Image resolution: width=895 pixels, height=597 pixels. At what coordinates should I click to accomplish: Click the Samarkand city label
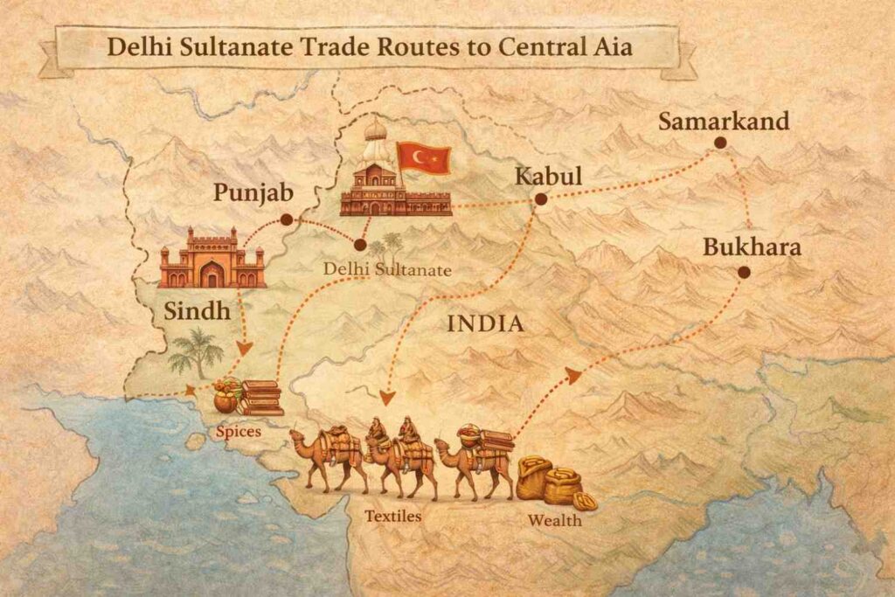(723, 121)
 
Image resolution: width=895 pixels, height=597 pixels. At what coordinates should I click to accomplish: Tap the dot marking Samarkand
(719, 142)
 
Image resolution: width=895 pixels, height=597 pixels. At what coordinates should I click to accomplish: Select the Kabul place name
(547, 176)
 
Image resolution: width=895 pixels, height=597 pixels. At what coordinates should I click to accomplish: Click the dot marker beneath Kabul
(540, 199)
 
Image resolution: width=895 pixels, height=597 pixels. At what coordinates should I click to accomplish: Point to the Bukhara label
(752, 247)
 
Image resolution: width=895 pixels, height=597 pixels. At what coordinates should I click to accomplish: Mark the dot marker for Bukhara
(743, 272)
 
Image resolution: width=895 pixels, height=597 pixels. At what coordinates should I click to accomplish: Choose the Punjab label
(252, 192)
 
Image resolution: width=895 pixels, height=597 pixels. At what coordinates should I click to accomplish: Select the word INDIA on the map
(485, 324)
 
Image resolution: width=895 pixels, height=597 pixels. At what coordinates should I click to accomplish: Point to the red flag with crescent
(424, 158)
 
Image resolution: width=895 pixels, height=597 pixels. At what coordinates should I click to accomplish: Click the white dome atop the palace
(375, 131)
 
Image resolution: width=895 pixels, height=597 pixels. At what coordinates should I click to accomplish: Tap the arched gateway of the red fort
(212, 275)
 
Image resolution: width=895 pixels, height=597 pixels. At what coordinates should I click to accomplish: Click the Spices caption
(238, 431)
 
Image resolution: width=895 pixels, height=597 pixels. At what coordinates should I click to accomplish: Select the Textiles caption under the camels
(393, 516)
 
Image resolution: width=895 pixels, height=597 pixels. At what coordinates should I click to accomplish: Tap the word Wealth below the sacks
(554, 522)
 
